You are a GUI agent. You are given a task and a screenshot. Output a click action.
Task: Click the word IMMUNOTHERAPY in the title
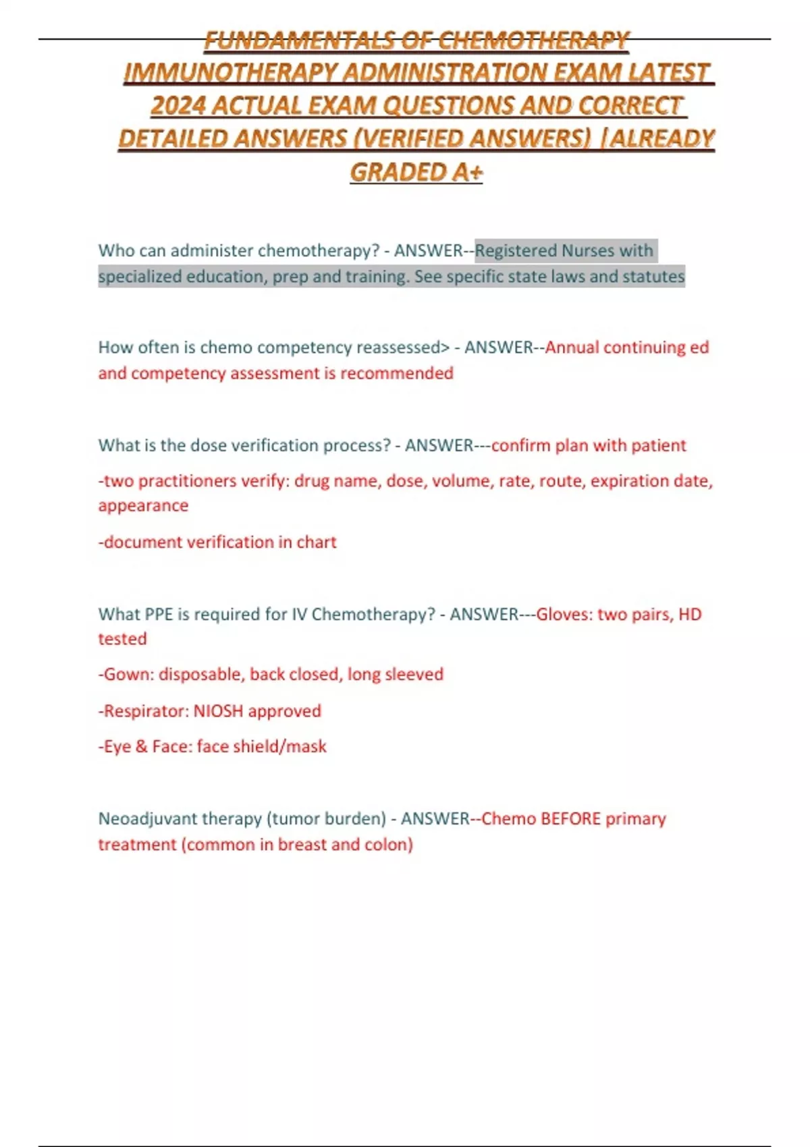coord(231,72)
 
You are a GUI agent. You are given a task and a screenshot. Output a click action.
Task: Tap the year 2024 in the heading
coord(178,105)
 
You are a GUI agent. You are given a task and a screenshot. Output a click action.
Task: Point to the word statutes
coord(653,276)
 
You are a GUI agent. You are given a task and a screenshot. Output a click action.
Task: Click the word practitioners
coord(186,480)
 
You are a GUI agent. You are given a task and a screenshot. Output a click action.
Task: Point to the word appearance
coord(143,505)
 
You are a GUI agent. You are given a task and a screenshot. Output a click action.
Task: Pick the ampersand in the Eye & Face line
coord(142,746)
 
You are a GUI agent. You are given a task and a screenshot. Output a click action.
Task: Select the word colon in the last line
coord(388,844)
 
